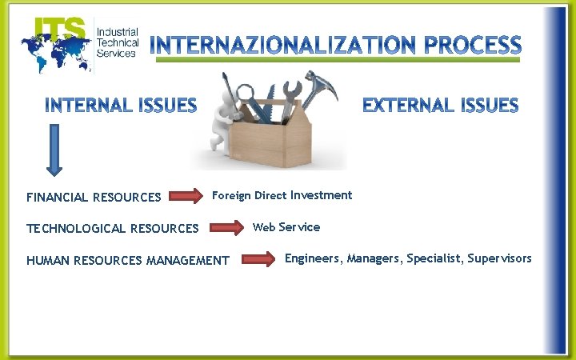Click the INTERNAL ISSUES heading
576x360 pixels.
121,105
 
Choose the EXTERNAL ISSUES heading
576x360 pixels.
440,105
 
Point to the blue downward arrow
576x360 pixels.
54,148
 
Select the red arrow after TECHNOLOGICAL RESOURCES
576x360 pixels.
228,228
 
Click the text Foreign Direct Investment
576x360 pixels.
282,195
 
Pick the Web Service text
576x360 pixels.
286,227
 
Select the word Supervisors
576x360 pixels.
499,258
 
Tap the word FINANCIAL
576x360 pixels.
58,197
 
